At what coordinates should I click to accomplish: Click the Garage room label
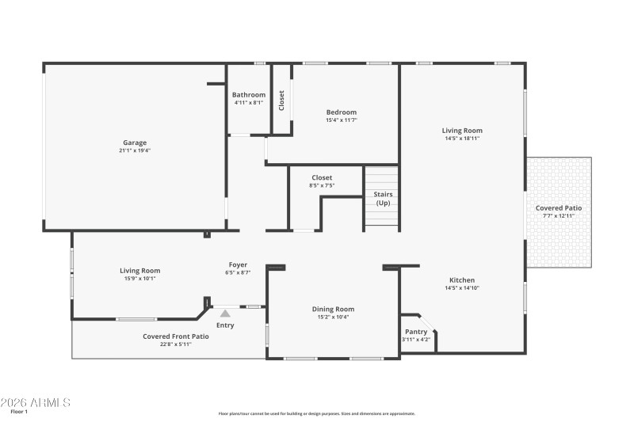coord(134,143)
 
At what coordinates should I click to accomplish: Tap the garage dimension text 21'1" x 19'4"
coord(134,150)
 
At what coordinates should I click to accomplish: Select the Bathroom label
coord(249,95)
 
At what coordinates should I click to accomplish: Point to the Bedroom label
coord(342,112)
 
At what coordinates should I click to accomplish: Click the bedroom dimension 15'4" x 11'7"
coord(342,120)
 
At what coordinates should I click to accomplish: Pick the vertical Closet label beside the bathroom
coord(281,100)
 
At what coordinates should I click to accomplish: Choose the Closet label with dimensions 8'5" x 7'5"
coord(322,178)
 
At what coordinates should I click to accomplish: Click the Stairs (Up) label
coord(383,199)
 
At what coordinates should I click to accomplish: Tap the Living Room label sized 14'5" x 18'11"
coord(462,131)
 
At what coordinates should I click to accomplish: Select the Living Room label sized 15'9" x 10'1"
coord(140,271)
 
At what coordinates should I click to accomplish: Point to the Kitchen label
coord(462,280)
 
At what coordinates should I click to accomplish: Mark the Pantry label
coord(416,332)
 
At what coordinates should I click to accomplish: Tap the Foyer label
coord(238,265)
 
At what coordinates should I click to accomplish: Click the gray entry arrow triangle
coord(225,314)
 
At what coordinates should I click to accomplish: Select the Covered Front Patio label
coord(176,336)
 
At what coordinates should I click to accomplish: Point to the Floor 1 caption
coord(19,412)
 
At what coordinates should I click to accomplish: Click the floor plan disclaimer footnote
coord(317,413)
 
